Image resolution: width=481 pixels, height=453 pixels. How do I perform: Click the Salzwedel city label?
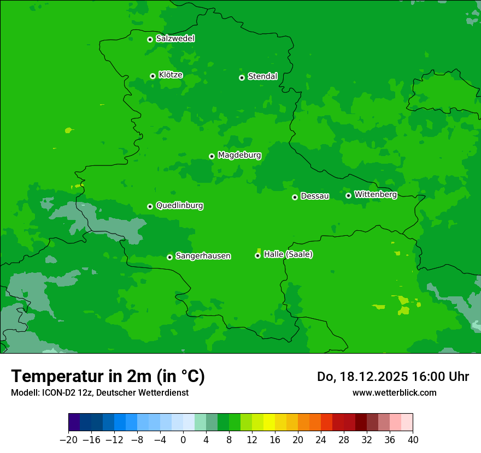(175, 39)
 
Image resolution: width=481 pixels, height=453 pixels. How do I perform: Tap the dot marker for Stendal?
(242, 78)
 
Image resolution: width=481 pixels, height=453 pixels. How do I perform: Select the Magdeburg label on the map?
(239, 156)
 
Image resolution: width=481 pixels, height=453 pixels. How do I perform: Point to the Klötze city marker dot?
(152, 76)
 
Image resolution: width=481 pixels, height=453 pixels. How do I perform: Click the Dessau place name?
(315, 196)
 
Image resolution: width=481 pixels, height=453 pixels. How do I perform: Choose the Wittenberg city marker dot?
(348, 195)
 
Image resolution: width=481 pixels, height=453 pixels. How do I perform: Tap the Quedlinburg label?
(179, 206)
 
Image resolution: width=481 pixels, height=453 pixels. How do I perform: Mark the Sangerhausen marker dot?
(169, 257)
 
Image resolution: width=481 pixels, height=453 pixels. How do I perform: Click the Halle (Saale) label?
(288, 254)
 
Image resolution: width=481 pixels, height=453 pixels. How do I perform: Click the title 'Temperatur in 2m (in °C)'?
(108, 377)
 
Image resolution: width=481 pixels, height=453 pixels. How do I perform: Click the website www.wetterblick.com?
(394, 393)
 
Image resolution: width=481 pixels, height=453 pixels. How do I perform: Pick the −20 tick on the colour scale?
(68, 440)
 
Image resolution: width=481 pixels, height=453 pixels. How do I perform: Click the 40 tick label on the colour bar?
(413, 440)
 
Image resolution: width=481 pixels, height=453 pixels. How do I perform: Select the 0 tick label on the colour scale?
(183, 440)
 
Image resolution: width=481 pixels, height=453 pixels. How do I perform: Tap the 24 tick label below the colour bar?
(321, 440)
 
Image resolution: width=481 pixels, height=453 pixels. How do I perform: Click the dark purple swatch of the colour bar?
(74, 422)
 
